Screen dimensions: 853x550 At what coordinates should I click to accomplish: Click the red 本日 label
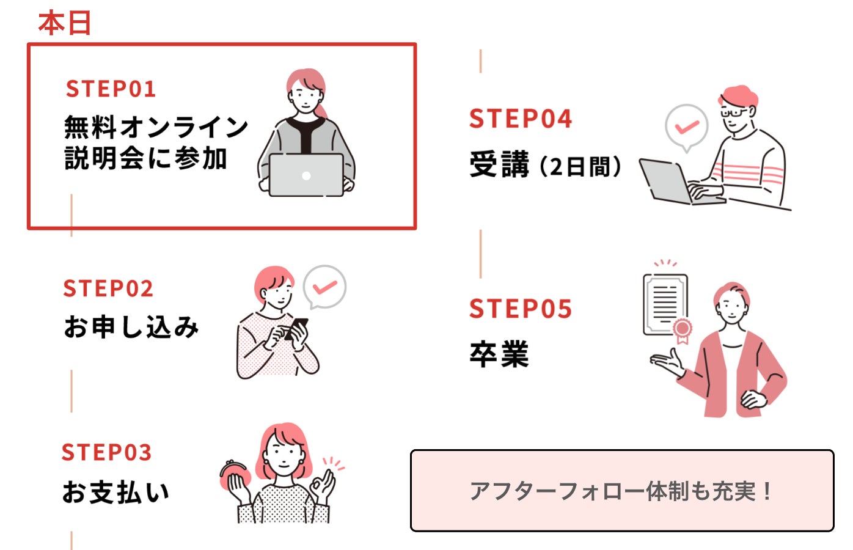[65, 23]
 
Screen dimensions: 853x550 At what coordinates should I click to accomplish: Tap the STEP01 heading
[111, 89]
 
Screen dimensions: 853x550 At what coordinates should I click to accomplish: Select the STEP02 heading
[108, 288]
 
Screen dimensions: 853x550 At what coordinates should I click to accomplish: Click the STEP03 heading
[106, 452]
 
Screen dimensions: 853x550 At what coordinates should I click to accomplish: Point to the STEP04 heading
[521, 119]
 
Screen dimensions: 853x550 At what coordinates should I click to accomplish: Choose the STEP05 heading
[521, 308]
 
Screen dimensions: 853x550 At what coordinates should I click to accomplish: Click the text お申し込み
[131, 327]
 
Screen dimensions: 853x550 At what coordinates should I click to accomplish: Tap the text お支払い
[115, 492]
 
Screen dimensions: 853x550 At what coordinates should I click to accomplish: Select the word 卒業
[499, 354]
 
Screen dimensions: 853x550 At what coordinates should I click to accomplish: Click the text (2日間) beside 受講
[580, 167]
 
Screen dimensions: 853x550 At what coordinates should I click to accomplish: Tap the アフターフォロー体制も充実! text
[622, 491]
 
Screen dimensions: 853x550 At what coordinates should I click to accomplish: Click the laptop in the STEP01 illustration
[306, 175]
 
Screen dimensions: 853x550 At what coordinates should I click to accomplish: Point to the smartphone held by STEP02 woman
[296, 328]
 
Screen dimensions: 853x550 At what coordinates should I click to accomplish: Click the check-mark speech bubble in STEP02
[324, 287]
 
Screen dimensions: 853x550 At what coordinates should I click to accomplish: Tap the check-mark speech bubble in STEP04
[687, 128]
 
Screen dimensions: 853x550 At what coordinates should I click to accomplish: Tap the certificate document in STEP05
[665, 305]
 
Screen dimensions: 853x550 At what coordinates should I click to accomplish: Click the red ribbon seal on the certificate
[682, 331]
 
